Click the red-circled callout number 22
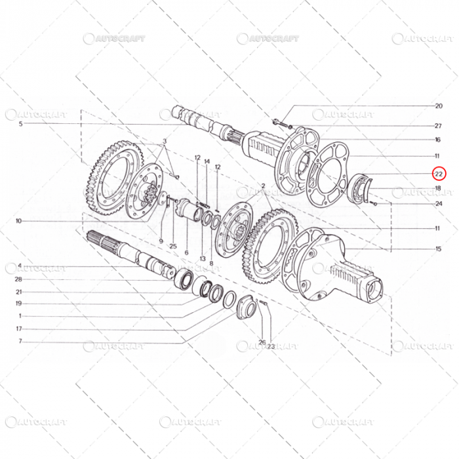438,174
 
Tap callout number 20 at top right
438,106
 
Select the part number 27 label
438,125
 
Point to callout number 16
437,140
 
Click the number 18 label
438,188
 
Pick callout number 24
438,203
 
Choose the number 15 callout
438,249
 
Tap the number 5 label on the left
20,124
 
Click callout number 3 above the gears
165,142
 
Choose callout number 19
20,304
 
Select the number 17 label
20,329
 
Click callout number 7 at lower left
20,341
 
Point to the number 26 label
262,341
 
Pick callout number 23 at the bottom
270,346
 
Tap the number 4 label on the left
20,266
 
